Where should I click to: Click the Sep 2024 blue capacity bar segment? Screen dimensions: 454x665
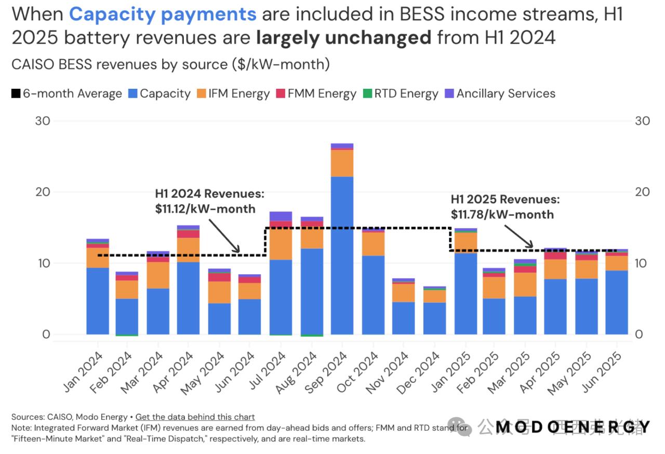(x=342, y=255)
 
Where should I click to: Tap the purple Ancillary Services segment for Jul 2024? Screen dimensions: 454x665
(x=281, y=216)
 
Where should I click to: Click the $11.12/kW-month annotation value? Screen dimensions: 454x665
(x=205, y=209)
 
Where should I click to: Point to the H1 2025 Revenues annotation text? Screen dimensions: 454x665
(x=505, y=199)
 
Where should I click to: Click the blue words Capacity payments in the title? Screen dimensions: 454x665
(x=163, y=14)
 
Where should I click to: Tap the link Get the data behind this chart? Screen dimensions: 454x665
(x=195, y=417)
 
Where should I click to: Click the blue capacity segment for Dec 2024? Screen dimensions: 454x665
(x=434, y=318)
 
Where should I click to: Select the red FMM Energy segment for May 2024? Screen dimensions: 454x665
(x=219, y=277)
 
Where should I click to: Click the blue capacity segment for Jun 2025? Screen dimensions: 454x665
(x=616, y=302)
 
